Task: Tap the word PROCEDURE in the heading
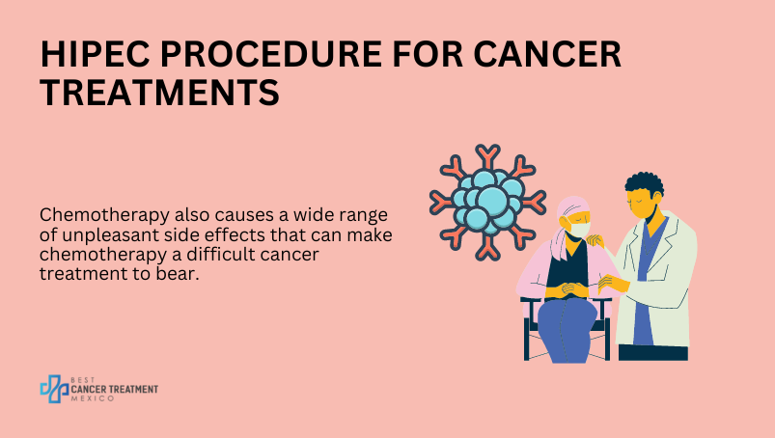tap(270, 54)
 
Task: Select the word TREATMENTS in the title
tap(159, 93)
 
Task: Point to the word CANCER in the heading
tap(547, 54)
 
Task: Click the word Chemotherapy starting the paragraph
tap(104, 216)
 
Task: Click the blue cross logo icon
tap(54, 389)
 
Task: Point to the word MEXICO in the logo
tap(93, 398)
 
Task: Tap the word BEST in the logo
tap(83, 380)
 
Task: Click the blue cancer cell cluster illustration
tap(487, 203)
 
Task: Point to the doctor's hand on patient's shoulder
tap(595, 240)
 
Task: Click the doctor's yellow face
tap(641, 203)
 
